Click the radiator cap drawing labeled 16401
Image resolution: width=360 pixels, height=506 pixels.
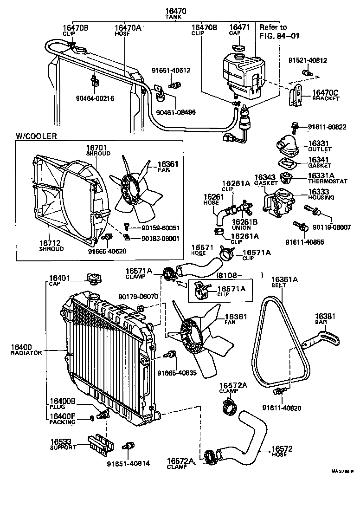[x=93, y=279]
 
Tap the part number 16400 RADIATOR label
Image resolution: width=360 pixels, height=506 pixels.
[x=26, y=349]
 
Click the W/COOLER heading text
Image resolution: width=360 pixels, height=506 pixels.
[x=37, y=136]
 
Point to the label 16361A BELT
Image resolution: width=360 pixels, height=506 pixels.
[x=284, y=282]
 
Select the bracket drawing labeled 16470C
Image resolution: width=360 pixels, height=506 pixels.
[x=294, y=97]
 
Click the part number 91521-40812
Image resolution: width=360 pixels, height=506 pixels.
[x=307, y=60]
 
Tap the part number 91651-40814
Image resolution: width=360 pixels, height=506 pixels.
[x=129, y=463]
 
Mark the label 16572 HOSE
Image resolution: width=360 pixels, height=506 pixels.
[x=282, y=451]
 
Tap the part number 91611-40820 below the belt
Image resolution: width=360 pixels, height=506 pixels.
[x=282, y=408]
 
